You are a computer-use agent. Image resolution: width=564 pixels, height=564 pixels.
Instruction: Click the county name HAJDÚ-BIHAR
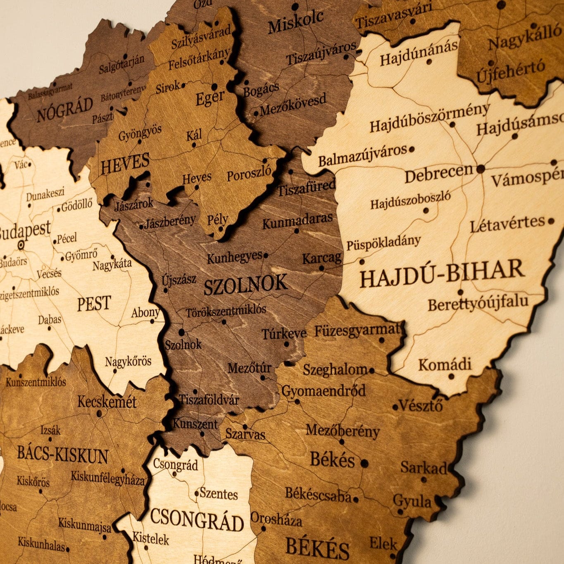click(x=442, y=273)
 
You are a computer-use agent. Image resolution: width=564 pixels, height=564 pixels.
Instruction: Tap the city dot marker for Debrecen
click(x=481, y=169)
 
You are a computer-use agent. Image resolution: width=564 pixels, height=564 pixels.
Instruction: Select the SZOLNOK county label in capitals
click(x=245, y=284)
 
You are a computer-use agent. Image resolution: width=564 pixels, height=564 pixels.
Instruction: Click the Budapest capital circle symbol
click(x=21, y=245)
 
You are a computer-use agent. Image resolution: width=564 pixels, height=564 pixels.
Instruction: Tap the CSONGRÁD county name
click(x=197, y=520)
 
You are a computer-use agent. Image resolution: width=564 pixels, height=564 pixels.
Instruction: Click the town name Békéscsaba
click(x=318, y=494)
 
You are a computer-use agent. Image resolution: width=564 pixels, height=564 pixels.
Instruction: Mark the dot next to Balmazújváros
click(x=412, y=149)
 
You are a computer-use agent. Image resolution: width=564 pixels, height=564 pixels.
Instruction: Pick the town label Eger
click(x=210, y=98)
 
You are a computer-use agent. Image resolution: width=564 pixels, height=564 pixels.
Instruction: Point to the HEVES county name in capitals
click(x=125, y=164)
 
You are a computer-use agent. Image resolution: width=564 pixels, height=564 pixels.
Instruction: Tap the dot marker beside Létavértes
click(x=551, y=221)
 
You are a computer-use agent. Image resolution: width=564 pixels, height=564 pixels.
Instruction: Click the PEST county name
click(x=94, y=304)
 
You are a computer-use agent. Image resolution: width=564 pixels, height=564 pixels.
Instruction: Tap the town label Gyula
click(x=412, y=501)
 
